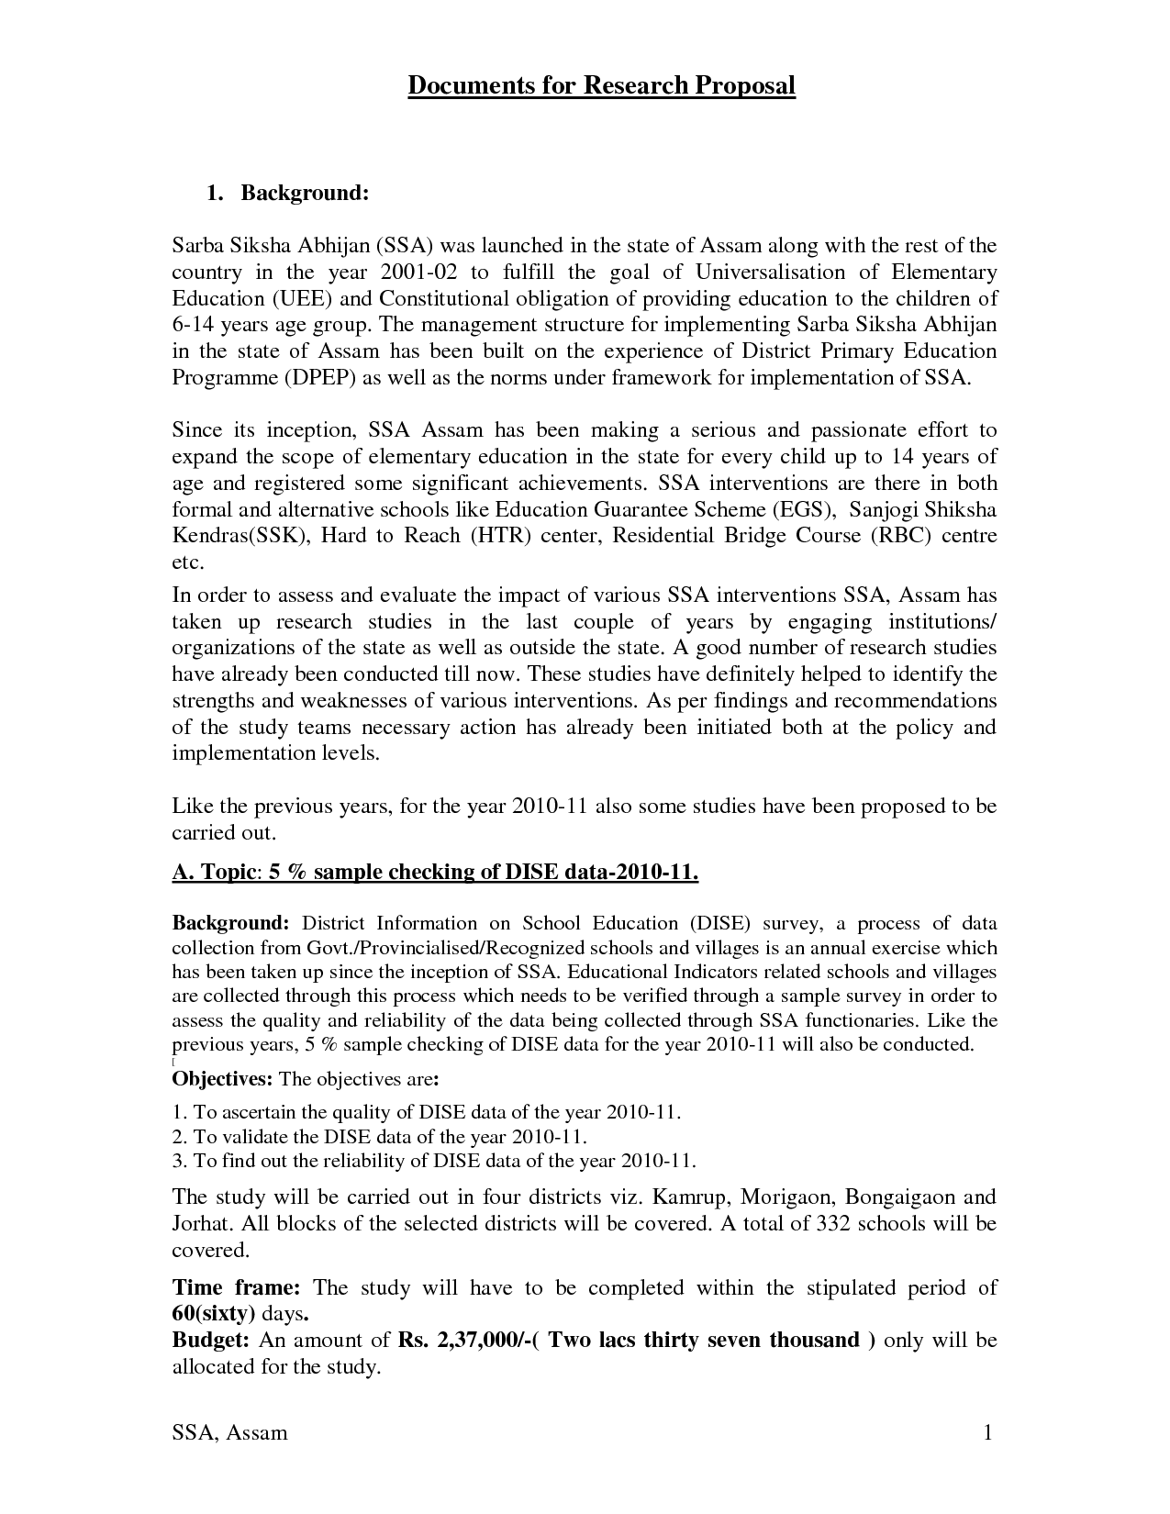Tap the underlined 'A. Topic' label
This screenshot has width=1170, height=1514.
click(213, 873)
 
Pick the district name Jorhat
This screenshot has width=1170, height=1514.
click(196, 1224)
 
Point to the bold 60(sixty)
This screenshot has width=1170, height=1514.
click(214, 1315)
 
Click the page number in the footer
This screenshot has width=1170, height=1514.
click(988, 1433)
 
